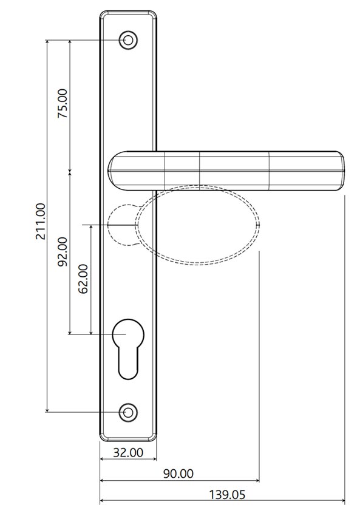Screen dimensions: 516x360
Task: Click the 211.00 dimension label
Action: pos(40,221)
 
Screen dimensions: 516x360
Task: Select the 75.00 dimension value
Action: pos(63,104)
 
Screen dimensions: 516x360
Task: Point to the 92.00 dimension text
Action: pos(63,253)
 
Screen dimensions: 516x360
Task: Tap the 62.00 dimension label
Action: pos(83,279)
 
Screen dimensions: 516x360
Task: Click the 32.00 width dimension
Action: pos(129,452)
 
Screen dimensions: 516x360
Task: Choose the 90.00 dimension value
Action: pos(180,474)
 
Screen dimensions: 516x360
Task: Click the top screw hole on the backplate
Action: pos(127,40)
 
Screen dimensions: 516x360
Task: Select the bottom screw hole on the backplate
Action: pos(127,412)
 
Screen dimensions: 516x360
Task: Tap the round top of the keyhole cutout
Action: pos(127,333)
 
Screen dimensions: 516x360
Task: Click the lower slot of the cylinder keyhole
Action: pos(127,364)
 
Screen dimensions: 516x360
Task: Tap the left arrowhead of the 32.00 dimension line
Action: pos(102,460)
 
